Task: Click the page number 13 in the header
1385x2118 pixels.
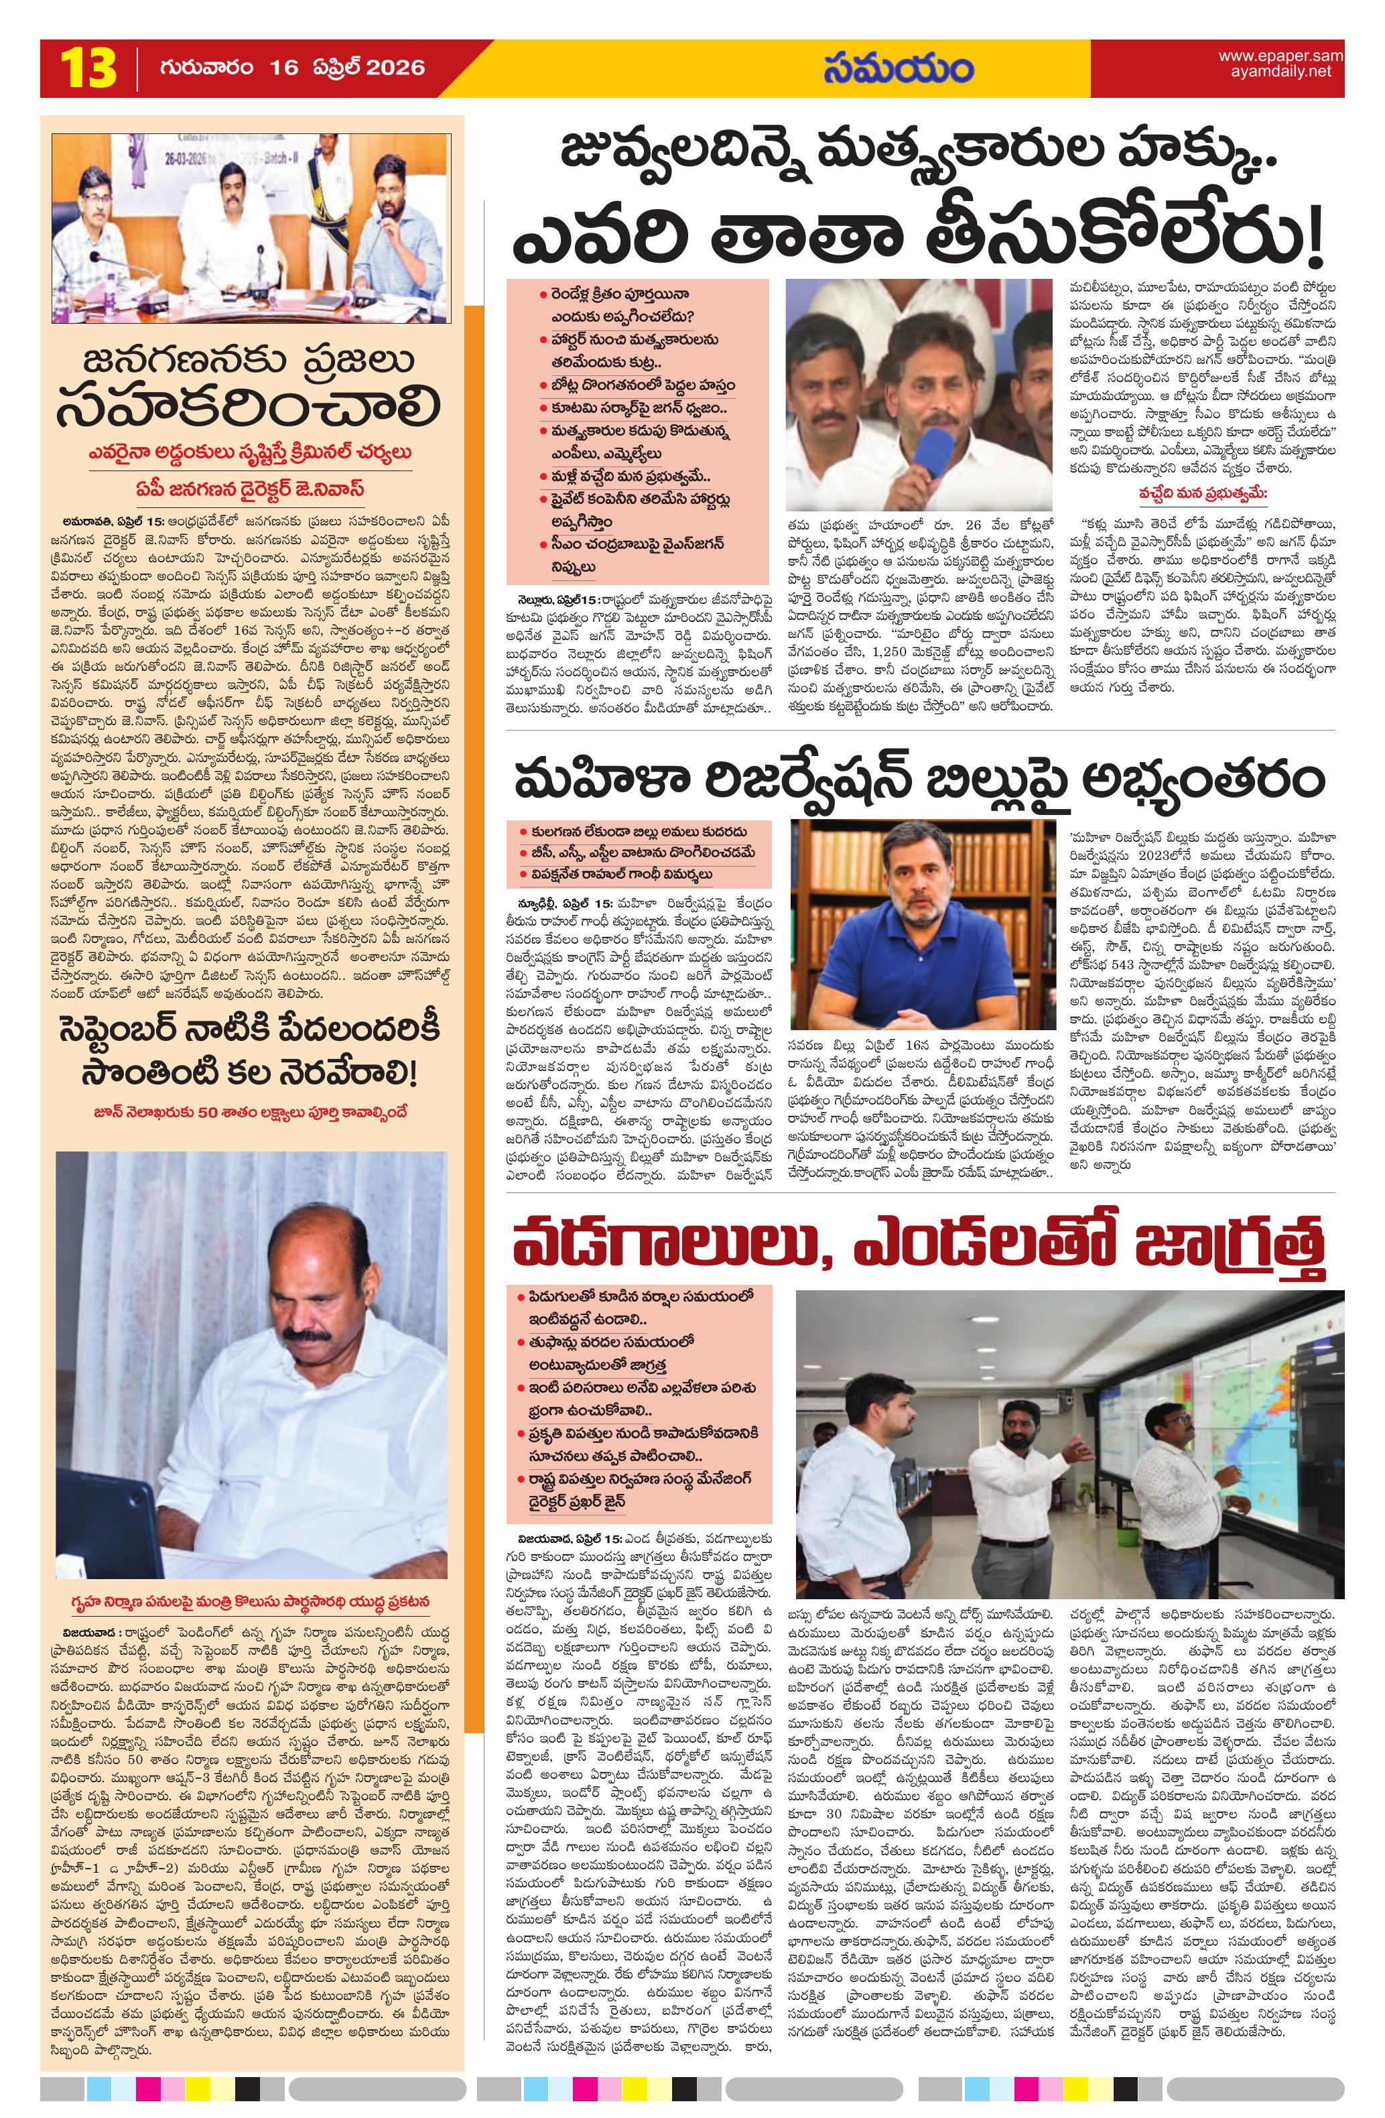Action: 87,68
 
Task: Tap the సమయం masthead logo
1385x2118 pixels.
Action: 898,68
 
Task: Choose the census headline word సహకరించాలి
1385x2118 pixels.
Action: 249,405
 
